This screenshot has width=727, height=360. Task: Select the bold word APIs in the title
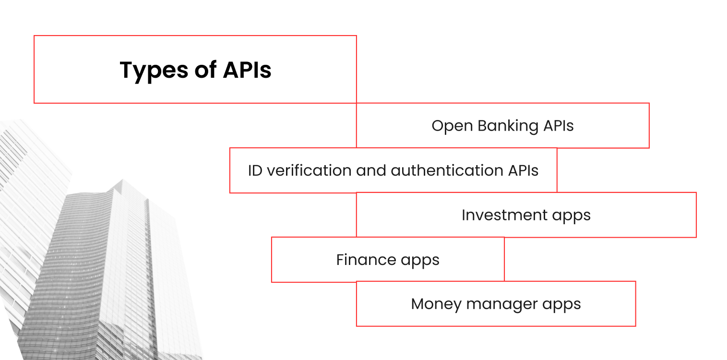tap(247, 70)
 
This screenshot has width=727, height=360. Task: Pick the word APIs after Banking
tap(559, 126)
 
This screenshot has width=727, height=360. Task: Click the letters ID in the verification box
tap(255, 170)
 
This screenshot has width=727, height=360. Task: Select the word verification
tap(309, 170)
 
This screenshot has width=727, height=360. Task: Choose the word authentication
tap(445, 170)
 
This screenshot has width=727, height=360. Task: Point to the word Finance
tap(359, 260)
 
